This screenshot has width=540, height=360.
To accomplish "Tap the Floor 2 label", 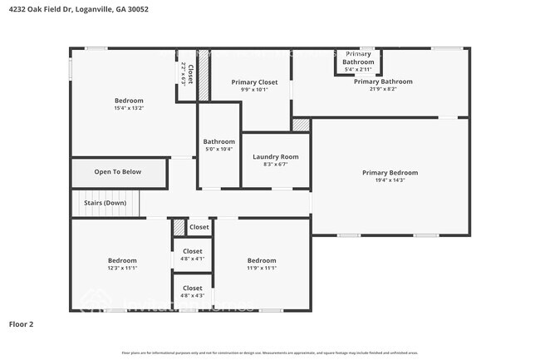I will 21,323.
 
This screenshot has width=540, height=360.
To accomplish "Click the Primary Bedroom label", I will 390,172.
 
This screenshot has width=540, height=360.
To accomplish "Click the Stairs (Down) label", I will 105,203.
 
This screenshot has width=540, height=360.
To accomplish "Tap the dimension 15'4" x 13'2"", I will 129,108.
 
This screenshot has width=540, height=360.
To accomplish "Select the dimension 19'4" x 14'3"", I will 390,180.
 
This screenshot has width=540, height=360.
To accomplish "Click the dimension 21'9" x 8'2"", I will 382,90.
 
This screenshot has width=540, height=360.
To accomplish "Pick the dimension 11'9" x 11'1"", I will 262,268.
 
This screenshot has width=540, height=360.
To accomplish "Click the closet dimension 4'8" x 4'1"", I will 192,259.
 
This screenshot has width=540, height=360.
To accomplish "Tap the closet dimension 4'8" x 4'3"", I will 192,296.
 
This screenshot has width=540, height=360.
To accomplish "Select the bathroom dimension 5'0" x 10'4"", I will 219,149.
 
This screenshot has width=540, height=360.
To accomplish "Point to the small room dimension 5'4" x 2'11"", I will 358,69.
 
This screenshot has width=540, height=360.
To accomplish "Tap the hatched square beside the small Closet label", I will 179,227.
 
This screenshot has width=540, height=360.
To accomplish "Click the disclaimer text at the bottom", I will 270,353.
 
